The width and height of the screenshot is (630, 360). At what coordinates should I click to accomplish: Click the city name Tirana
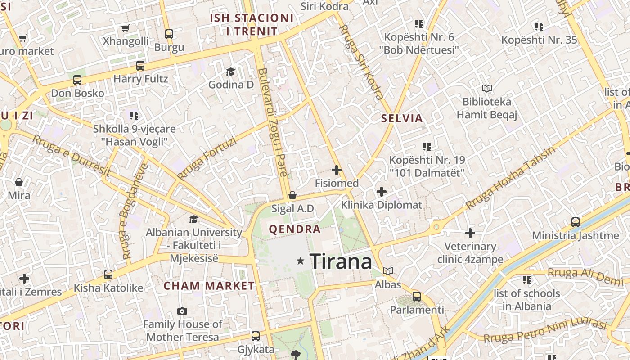point(341,261)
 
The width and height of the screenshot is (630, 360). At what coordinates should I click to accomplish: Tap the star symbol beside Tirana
point(301,261)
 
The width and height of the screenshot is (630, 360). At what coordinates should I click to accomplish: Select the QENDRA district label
point(295,229)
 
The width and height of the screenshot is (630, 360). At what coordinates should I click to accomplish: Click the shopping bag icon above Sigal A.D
point(292,195)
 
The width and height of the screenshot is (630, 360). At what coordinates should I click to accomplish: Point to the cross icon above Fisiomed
point(336,170)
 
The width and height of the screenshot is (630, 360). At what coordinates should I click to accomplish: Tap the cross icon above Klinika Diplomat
point(381,192)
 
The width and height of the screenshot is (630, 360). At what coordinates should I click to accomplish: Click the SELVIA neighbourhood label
point(402,118)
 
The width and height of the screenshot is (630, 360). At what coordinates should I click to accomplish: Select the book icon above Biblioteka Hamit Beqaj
point(486,88)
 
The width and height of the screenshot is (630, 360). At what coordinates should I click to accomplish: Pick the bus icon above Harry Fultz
point(140,66)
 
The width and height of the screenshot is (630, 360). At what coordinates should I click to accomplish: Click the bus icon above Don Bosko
point(77,80)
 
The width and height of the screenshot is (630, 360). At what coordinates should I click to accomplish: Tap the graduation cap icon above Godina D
point(230,72)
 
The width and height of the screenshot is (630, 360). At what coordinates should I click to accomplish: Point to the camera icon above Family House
point(182,311)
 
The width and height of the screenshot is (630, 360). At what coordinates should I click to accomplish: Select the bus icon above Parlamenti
point(417,297)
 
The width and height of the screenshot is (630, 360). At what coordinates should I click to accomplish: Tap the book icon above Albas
point(388,271)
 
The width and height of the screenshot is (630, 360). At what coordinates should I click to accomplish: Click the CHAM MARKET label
point(209,286)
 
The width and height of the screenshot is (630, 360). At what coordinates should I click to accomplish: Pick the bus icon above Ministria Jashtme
point(575,222)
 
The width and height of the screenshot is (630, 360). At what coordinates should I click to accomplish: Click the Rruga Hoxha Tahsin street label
point(510,178)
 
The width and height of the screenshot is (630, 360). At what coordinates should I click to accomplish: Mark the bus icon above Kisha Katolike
point(108,274)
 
